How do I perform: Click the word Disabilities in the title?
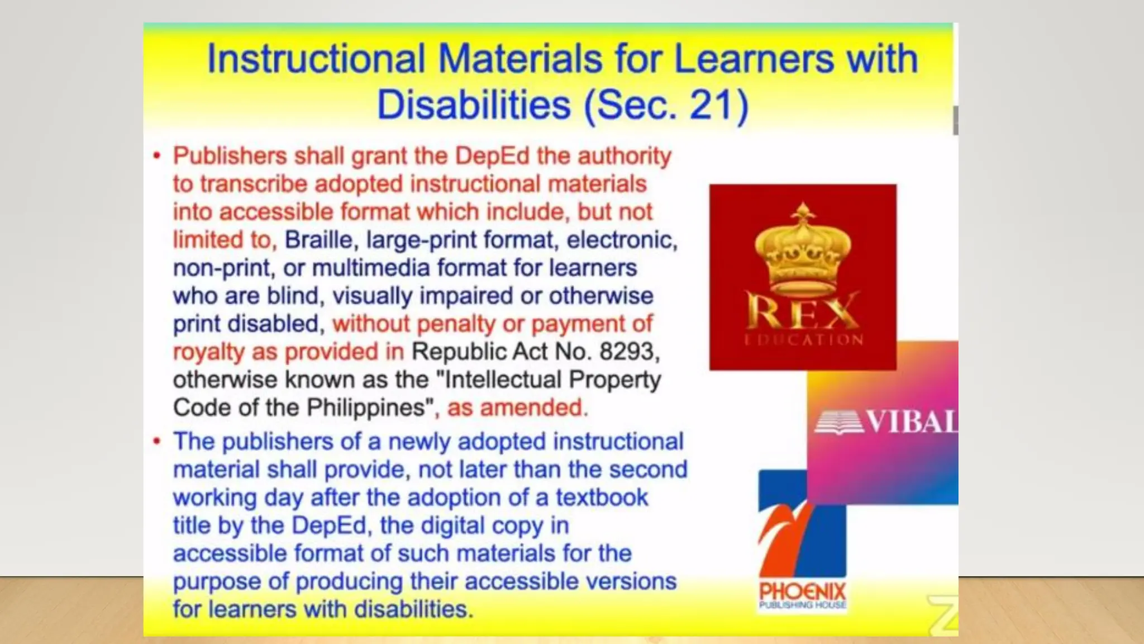474,105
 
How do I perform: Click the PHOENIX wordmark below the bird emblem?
802,591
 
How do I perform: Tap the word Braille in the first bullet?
318,240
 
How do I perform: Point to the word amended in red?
531,408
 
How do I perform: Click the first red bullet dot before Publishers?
158,156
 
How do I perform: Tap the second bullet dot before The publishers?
158,442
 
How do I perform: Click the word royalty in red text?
208,352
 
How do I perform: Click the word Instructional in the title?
316,59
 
